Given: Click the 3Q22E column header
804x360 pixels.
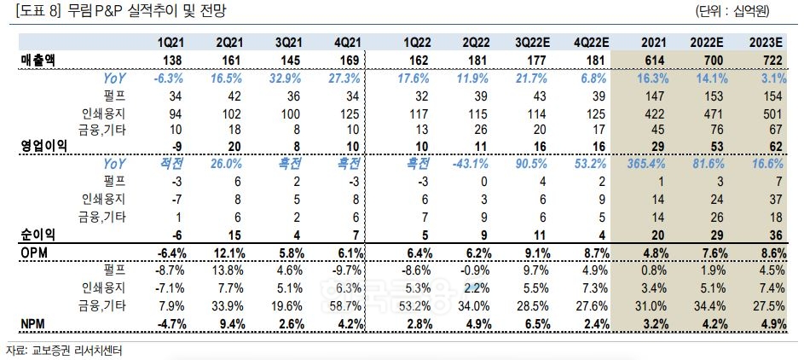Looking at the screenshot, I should pos(532,44).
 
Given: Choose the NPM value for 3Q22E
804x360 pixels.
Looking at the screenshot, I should pos(536,323).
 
